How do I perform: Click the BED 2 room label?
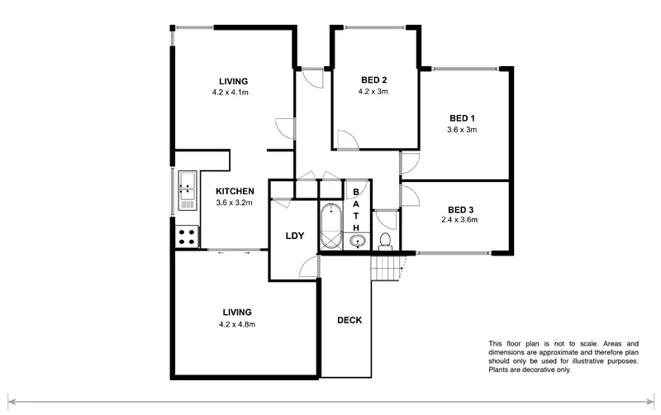(374, 80)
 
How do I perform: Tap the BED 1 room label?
(462, 117)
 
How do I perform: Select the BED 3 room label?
(462, 208)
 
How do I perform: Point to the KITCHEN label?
(233, 191)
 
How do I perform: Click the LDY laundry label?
(295, 236)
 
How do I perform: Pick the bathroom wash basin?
(357, 241)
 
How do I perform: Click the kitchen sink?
(185, 188)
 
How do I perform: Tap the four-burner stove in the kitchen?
(187, 237)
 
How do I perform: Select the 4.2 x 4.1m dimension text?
(231, 93)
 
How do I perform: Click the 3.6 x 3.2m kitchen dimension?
(233, 203)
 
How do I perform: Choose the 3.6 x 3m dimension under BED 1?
(462, 129)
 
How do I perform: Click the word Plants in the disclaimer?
(500, 370)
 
